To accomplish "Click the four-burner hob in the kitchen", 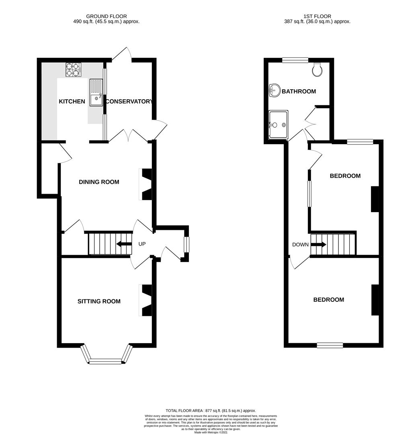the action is pyautogui.click(x=74, y=70).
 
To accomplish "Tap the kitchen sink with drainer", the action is pyautogui.click(x=96, y=92).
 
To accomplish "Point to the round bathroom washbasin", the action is pyautogui.click(x=274, y=91).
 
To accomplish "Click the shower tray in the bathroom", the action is pyautogui.click(x=279, y=125).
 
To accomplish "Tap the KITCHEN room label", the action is pyautogui.click(x=72, y=102).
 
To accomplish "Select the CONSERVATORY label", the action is pyautogui.click(x=129, y=102).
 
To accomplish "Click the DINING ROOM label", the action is pyautogui.click(x=99, y=182).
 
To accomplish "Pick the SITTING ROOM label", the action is pyautogui.click(x=99, y=301).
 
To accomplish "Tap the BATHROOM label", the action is pyautogui.click(x=299, y=91).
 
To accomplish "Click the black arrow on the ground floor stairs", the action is pyautogui.click(x=124, y=244).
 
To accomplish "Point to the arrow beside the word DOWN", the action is pyautogui.click(x=319, y=245).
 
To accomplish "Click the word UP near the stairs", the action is pyautogui.click(x=142, y=244).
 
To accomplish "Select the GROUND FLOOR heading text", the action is pyautogui.click(x=107, y=16).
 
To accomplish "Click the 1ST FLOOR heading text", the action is pyautogui.click(x=317, y=16).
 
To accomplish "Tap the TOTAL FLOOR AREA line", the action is pyautogui.click(x=211, y=411).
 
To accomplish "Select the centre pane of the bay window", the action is pyautogui.click(x=105, y=362).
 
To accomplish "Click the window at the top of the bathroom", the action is pyautogui.click(x=295, y=60).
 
